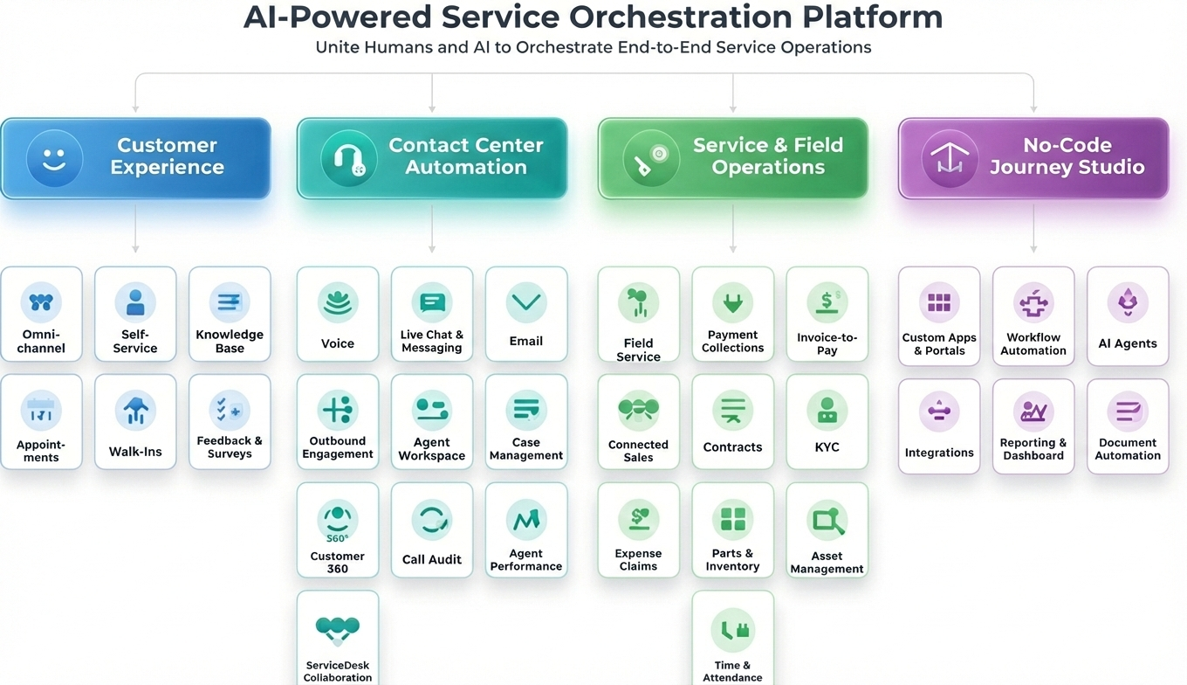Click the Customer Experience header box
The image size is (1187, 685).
[x=135, y=158]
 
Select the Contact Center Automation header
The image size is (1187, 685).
[x=432, y=158]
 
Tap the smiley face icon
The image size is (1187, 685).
[x=54, y=159]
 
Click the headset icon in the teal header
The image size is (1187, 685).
[x=348, y=159]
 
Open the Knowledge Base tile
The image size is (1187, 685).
[x=230, y=315]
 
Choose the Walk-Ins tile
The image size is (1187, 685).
[x=135, y=422]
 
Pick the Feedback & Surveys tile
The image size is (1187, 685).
[x=230, y=422]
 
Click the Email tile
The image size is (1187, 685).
[x=526, y=315]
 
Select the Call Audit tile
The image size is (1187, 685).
[x=432, y=529]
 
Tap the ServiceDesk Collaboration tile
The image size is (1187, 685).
[x=338, y=638]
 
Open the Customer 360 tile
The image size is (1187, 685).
[x=338, y=529]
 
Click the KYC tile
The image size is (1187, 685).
[x=827, y=422]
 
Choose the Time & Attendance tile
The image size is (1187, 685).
[x=732, y=638]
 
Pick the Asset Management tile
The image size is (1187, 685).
[x=827, y=529]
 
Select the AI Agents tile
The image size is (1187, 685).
[x=1128, y=315]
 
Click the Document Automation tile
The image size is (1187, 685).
[x=1128, y=426]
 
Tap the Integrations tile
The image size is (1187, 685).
[x=939, y=426]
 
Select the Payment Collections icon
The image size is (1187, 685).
[x=732, y=303]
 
